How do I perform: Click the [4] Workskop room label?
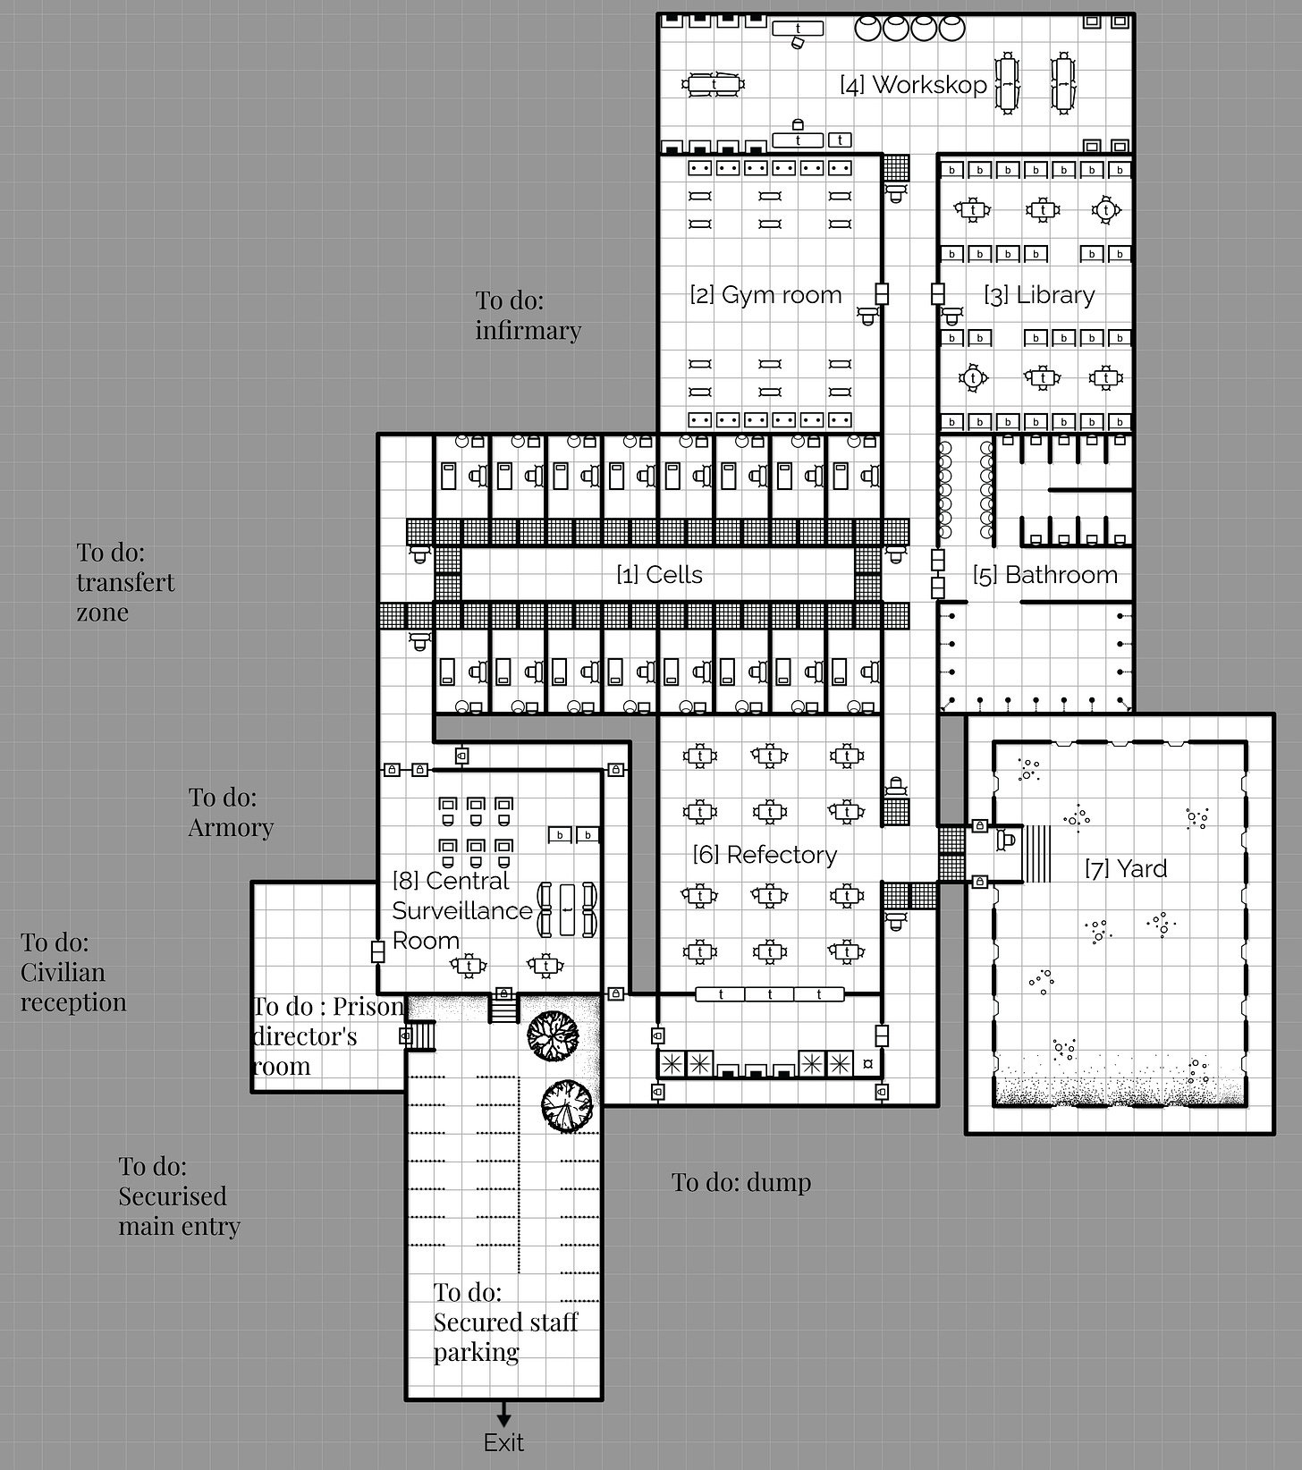coord(913,85)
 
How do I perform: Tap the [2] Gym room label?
coord(765,295)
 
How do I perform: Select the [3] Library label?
coord(1039,295)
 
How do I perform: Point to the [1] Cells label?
coord(659,575)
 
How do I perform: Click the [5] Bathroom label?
coord(1045,575)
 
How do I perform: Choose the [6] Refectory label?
coord(765,855)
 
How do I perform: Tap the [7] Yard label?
coord(1126,868)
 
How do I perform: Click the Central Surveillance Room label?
coord(462,910)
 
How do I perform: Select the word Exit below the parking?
coord(503,1442)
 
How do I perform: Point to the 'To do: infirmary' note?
coord(528,316)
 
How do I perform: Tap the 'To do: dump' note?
coord(741,1182)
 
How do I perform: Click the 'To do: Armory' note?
coord(231,812)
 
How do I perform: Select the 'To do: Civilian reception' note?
coord(73,972)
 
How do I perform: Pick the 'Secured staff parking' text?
coord(505,1337)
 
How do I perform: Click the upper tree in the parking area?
coord(554,1036)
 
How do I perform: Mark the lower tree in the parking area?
coord(567,1107)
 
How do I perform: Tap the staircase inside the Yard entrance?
coord(1037,854)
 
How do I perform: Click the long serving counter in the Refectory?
coord(770,994)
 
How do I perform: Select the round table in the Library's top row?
coord(1106,210)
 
